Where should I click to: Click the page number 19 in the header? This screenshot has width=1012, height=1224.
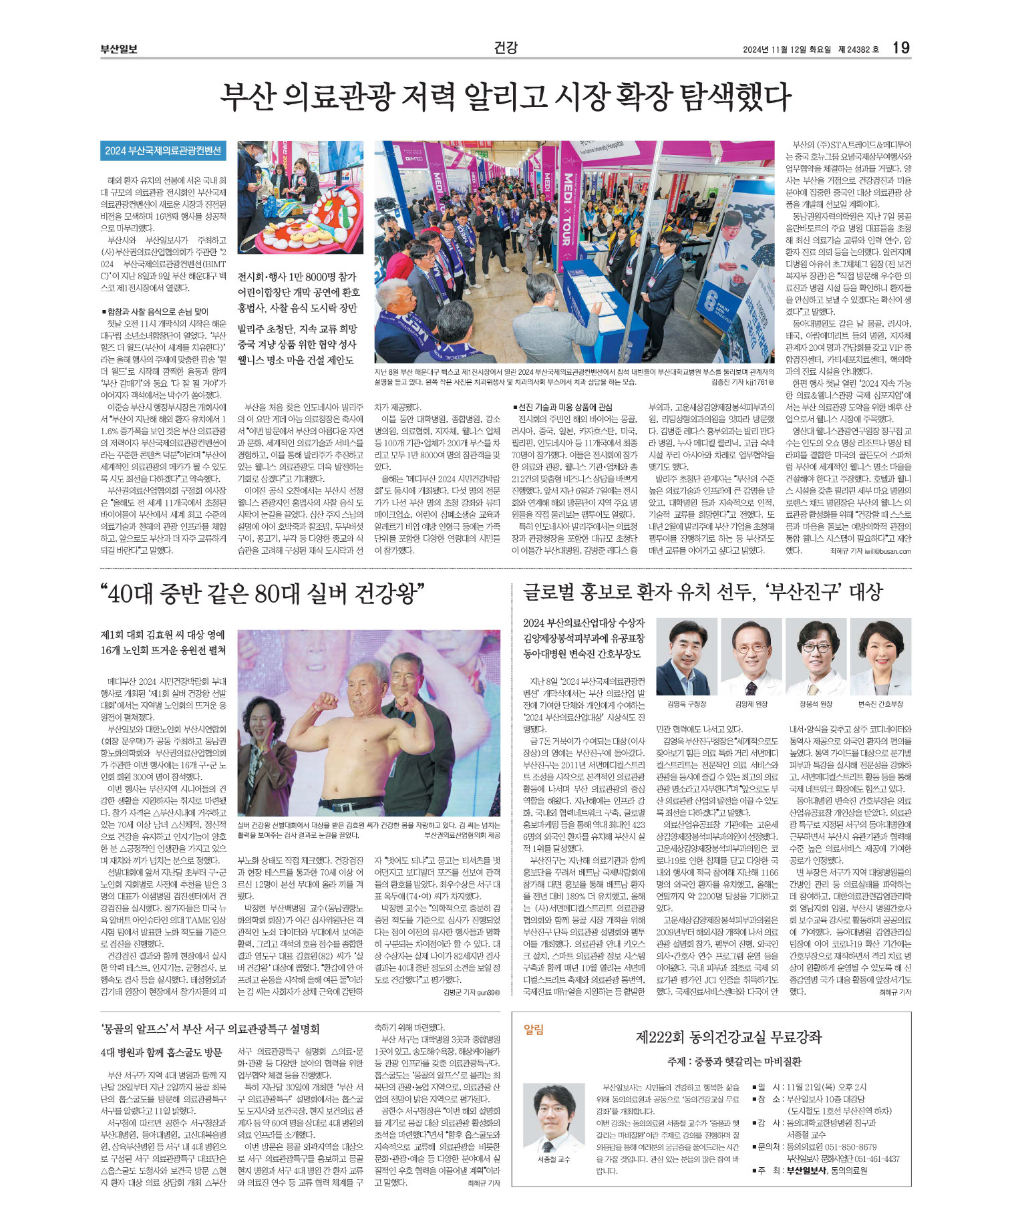(x=900, y=47)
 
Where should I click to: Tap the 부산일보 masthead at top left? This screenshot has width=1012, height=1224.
(x=119, y=49)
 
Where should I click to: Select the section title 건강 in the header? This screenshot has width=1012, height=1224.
(x=506, y=47)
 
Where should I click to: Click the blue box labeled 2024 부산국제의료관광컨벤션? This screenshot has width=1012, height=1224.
(x=163, y=151)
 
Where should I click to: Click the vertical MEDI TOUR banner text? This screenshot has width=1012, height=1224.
(x=567, y=208)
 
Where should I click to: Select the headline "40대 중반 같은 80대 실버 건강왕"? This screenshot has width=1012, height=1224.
(x=263, y=593)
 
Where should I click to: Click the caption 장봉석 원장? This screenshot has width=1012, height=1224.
(x=816, y=704)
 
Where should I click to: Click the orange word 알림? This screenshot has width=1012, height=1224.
(x=534, y=1030)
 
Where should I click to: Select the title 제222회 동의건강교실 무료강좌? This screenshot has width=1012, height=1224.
(x=729, y=1037)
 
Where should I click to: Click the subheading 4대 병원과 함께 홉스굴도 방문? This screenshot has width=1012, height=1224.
(x=161, y=1052)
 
